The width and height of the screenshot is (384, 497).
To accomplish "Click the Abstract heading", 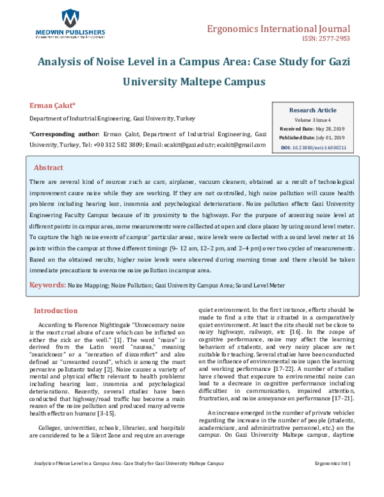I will [48, 167].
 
